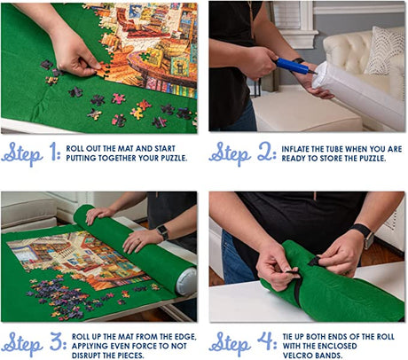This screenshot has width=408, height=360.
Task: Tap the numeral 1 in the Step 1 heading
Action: pyautogui.click(x=54, y=151)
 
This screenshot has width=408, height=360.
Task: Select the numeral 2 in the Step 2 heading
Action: pyautogui.click(x=265, y=152)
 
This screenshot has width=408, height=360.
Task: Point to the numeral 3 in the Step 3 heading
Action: pyautogui.click(x=57, y=340)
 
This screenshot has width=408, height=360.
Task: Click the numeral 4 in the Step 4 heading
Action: pyautogui.click(x=266, y=340)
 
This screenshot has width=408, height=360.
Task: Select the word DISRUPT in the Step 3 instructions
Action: pyautogui.click(x=86, y=355)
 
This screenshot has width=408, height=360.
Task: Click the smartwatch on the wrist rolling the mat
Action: pyautogui.click(x=162, y=231)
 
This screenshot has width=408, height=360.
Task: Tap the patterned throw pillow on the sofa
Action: pyautogui.click(x=385, y=50)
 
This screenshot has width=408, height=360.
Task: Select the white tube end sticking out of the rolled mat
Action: pyautogui.click(x=186, y=282)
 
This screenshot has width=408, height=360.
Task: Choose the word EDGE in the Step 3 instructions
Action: pyautogui.click(x=185, y=337)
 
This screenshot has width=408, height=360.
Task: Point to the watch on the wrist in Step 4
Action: pyautogui.click(x=365, y=235)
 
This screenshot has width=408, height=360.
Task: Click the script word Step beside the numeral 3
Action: pyautogui.click(x=22, y=344)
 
